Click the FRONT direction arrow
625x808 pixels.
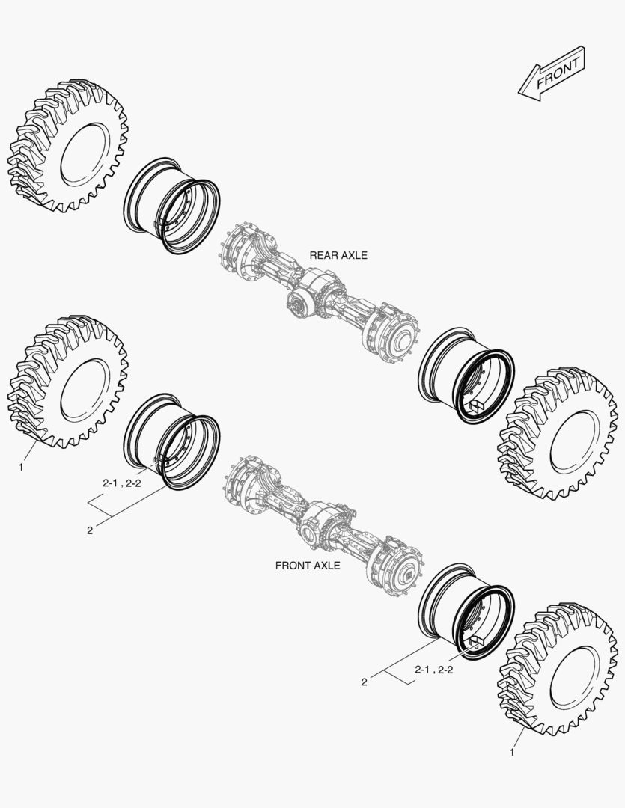pyautogui.click(x=552, y=73)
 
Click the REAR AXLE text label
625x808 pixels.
pyautogui.click(x=338, y=255)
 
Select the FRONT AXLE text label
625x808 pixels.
pyautogui.click(x=308, y=566)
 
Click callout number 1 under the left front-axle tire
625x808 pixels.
pyautogui.click(x=21, y=468)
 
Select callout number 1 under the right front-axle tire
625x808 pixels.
pyautogui.click(x=512, y=753)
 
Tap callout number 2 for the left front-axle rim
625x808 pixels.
pyautogui.click(x=90, y=530)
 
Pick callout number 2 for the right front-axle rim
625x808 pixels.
pyautogui.click(x=364, y=682)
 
